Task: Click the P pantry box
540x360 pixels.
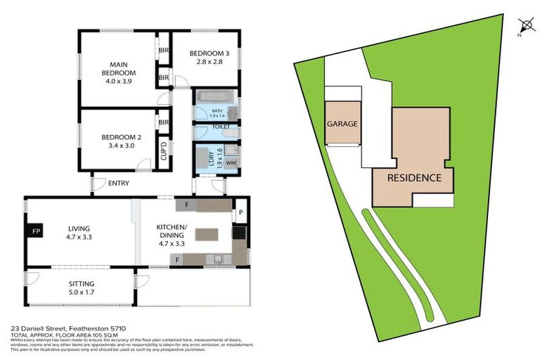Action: (240, 212)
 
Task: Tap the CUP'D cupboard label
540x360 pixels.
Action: (164, 150)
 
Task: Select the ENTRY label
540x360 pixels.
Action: (118, 184)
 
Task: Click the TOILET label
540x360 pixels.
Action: (221, 127)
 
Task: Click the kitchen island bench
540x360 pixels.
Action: (206, 234)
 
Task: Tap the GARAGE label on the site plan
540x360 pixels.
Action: (342, 124)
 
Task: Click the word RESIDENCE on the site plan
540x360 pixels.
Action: (414, 178)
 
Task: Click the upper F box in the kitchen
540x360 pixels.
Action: (186, 205)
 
